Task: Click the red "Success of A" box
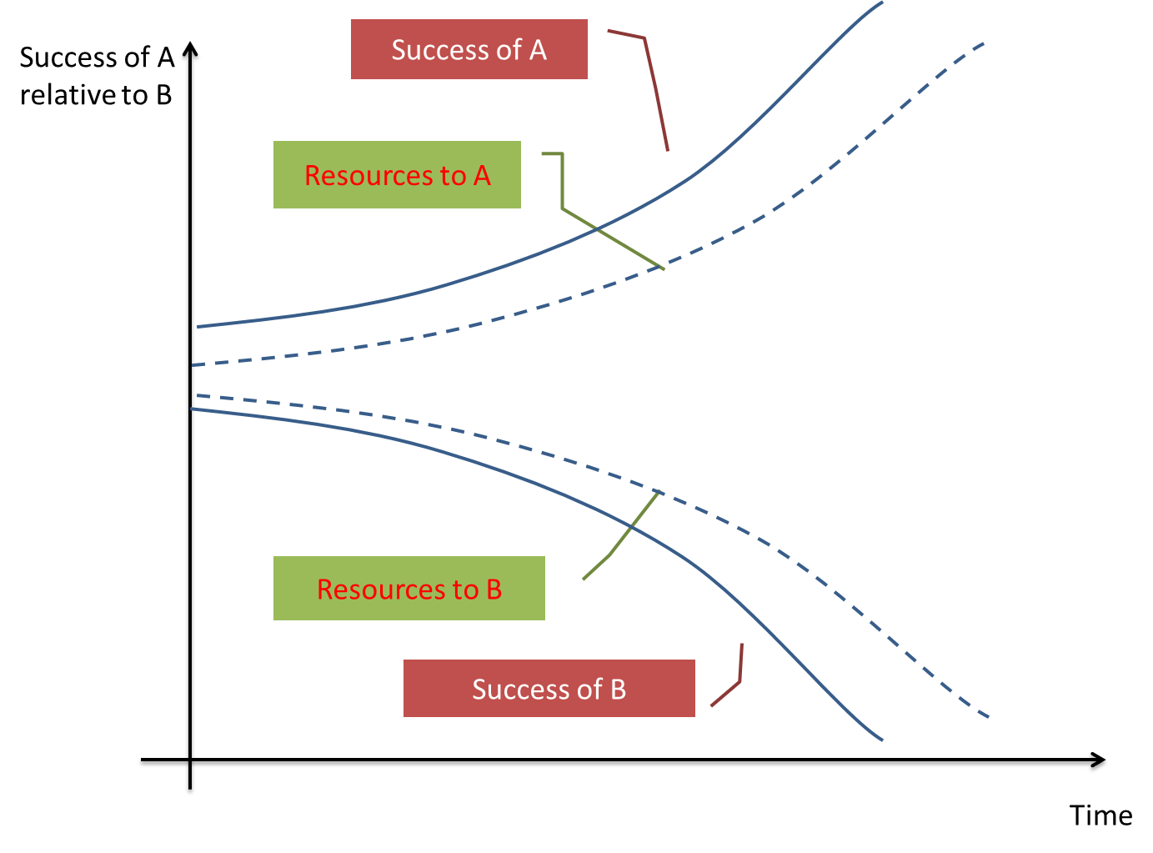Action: coord(469,49)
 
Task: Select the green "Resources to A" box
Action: coord(397,174)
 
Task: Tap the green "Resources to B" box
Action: coord(409,588)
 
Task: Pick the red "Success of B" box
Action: coord(549,688)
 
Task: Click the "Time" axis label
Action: coord(1100,815)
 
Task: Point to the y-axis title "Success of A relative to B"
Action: coord(96,76)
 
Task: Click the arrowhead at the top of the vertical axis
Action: coord(191,52)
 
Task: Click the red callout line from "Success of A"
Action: coord(654,92)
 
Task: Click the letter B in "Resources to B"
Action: coord(494,589)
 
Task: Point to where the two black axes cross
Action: coord(190,762)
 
